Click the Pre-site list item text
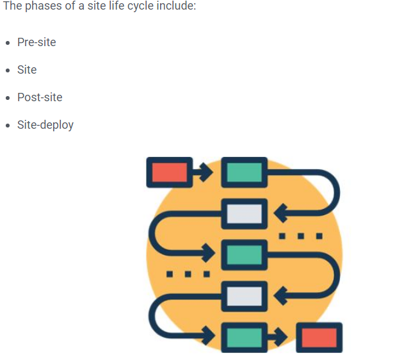point(36,42)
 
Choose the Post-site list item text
point(40,97)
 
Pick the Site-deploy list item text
point(45,125)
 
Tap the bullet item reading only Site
point(27,70)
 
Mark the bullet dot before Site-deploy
point(8,126)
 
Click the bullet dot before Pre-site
point(8,43)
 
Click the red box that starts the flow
point(169,172)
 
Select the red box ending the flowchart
point(319,338)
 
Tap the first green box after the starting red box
point(244,172)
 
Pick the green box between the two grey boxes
point(244,255)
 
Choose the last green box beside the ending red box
point(244,338)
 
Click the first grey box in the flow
point(244,214)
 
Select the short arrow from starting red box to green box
point(204,172)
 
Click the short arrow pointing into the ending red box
point(279,338)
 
